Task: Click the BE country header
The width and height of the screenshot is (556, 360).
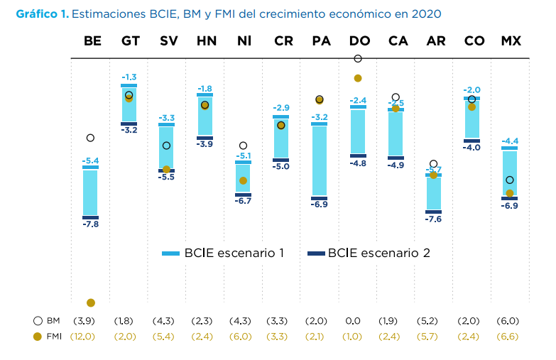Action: (x=92, y=41)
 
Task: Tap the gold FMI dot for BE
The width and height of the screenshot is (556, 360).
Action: (x=91, y=303)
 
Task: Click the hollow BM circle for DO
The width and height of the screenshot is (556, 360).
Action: (x=358, y=58)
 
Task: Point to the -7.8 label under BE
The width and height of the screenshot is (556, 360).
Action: (x=91, y=224)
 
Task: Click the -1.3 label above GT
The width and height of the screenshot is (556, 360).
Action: (x=129, y=77)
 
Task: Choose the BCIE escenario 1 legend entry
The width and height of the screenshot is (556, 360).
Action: (x=223, y=253)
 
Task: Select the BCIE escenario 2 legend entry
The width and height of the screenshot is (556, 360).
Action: (x=369, y=253)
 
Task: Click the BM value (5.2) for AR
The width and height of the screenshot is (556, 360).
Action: (x=434, y=321)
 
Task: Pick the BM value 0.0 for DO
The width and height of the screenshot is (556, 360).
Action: (x=358, y=321)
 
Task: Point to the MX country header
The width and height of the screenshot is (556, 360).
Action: (x=511, y=41)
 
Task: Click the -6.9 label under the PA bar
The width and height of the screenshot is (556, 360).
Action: (x=320, y=204)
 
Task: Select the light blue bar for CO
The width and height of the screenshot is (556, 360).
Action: (x=472, y=119)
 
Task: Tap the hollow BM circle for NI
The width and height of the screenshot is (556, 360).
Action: (x=243, y=146)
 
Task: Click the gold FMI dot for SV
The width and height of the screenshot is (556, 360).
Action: (x=167, y=169)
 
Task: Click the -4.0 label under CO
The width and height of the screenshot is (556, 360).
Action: (x=472, y=148)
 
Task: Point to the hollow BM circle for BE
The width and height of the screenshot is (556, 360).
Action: (x=91, y=138)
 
